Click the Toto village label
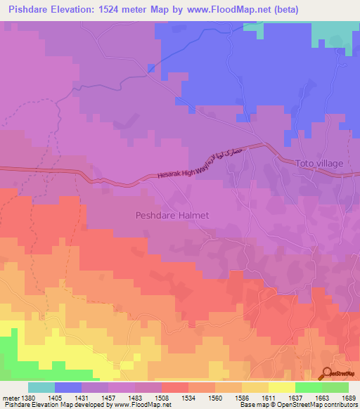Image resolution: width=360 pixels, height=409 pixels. pyautogui.click(x=319, y=163)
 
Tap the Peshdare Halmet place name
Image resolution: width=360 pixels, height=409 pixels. pyautogui.click(x=172, y=216)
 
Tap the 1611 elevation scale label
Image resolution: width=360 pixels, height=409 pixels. pyautogui.click(x=268, y=397)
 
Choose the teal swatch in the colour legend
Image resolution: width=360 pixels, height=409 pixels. pyautogui.click(x=41, y=387)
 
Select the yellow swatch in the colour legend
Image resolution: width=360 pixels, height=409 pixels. pyautogui.click(x=281, y=387)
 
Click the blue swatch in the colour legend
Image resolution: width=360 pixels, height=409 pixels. pyautogui.click(x=68, y=387)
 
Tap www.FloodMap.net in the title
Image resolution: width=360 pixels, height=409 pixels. pyautogui.click(x=233, y=9)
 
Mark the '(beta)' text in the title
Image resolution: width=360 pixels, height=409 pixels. pyautogui.click(x=285, y=9)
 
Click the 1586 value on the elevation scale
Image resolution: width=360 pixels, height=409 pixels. pyautogui.click(x=243, y=397)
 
